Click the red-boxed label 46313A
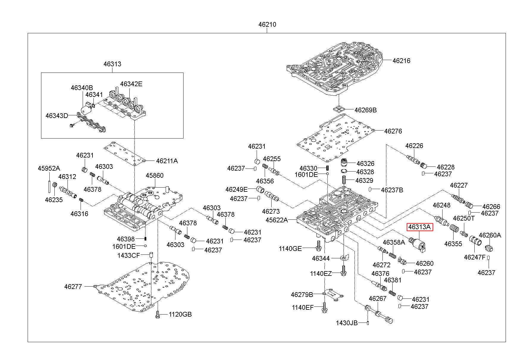pos(420,227)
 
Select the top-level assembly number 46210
pos(267,25)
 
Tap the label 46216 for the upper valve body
pos(401,61)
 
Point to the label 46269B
pos(366,110)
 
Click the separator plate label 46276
pos(393,131)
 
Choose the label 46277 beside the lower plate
pos(73,287)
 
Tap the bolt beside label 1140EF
pos(324,307)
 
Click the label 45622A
pos(277,220)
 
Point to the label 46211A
pos(167,161)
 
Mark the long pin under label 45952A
pos(48,184)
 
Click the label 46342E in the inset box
pos(131,84)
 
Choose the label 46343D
pos(57,116)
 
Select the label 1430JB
pos(347,323)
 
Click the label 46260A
pos(490,235)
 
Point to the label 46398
pos(126,239)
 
